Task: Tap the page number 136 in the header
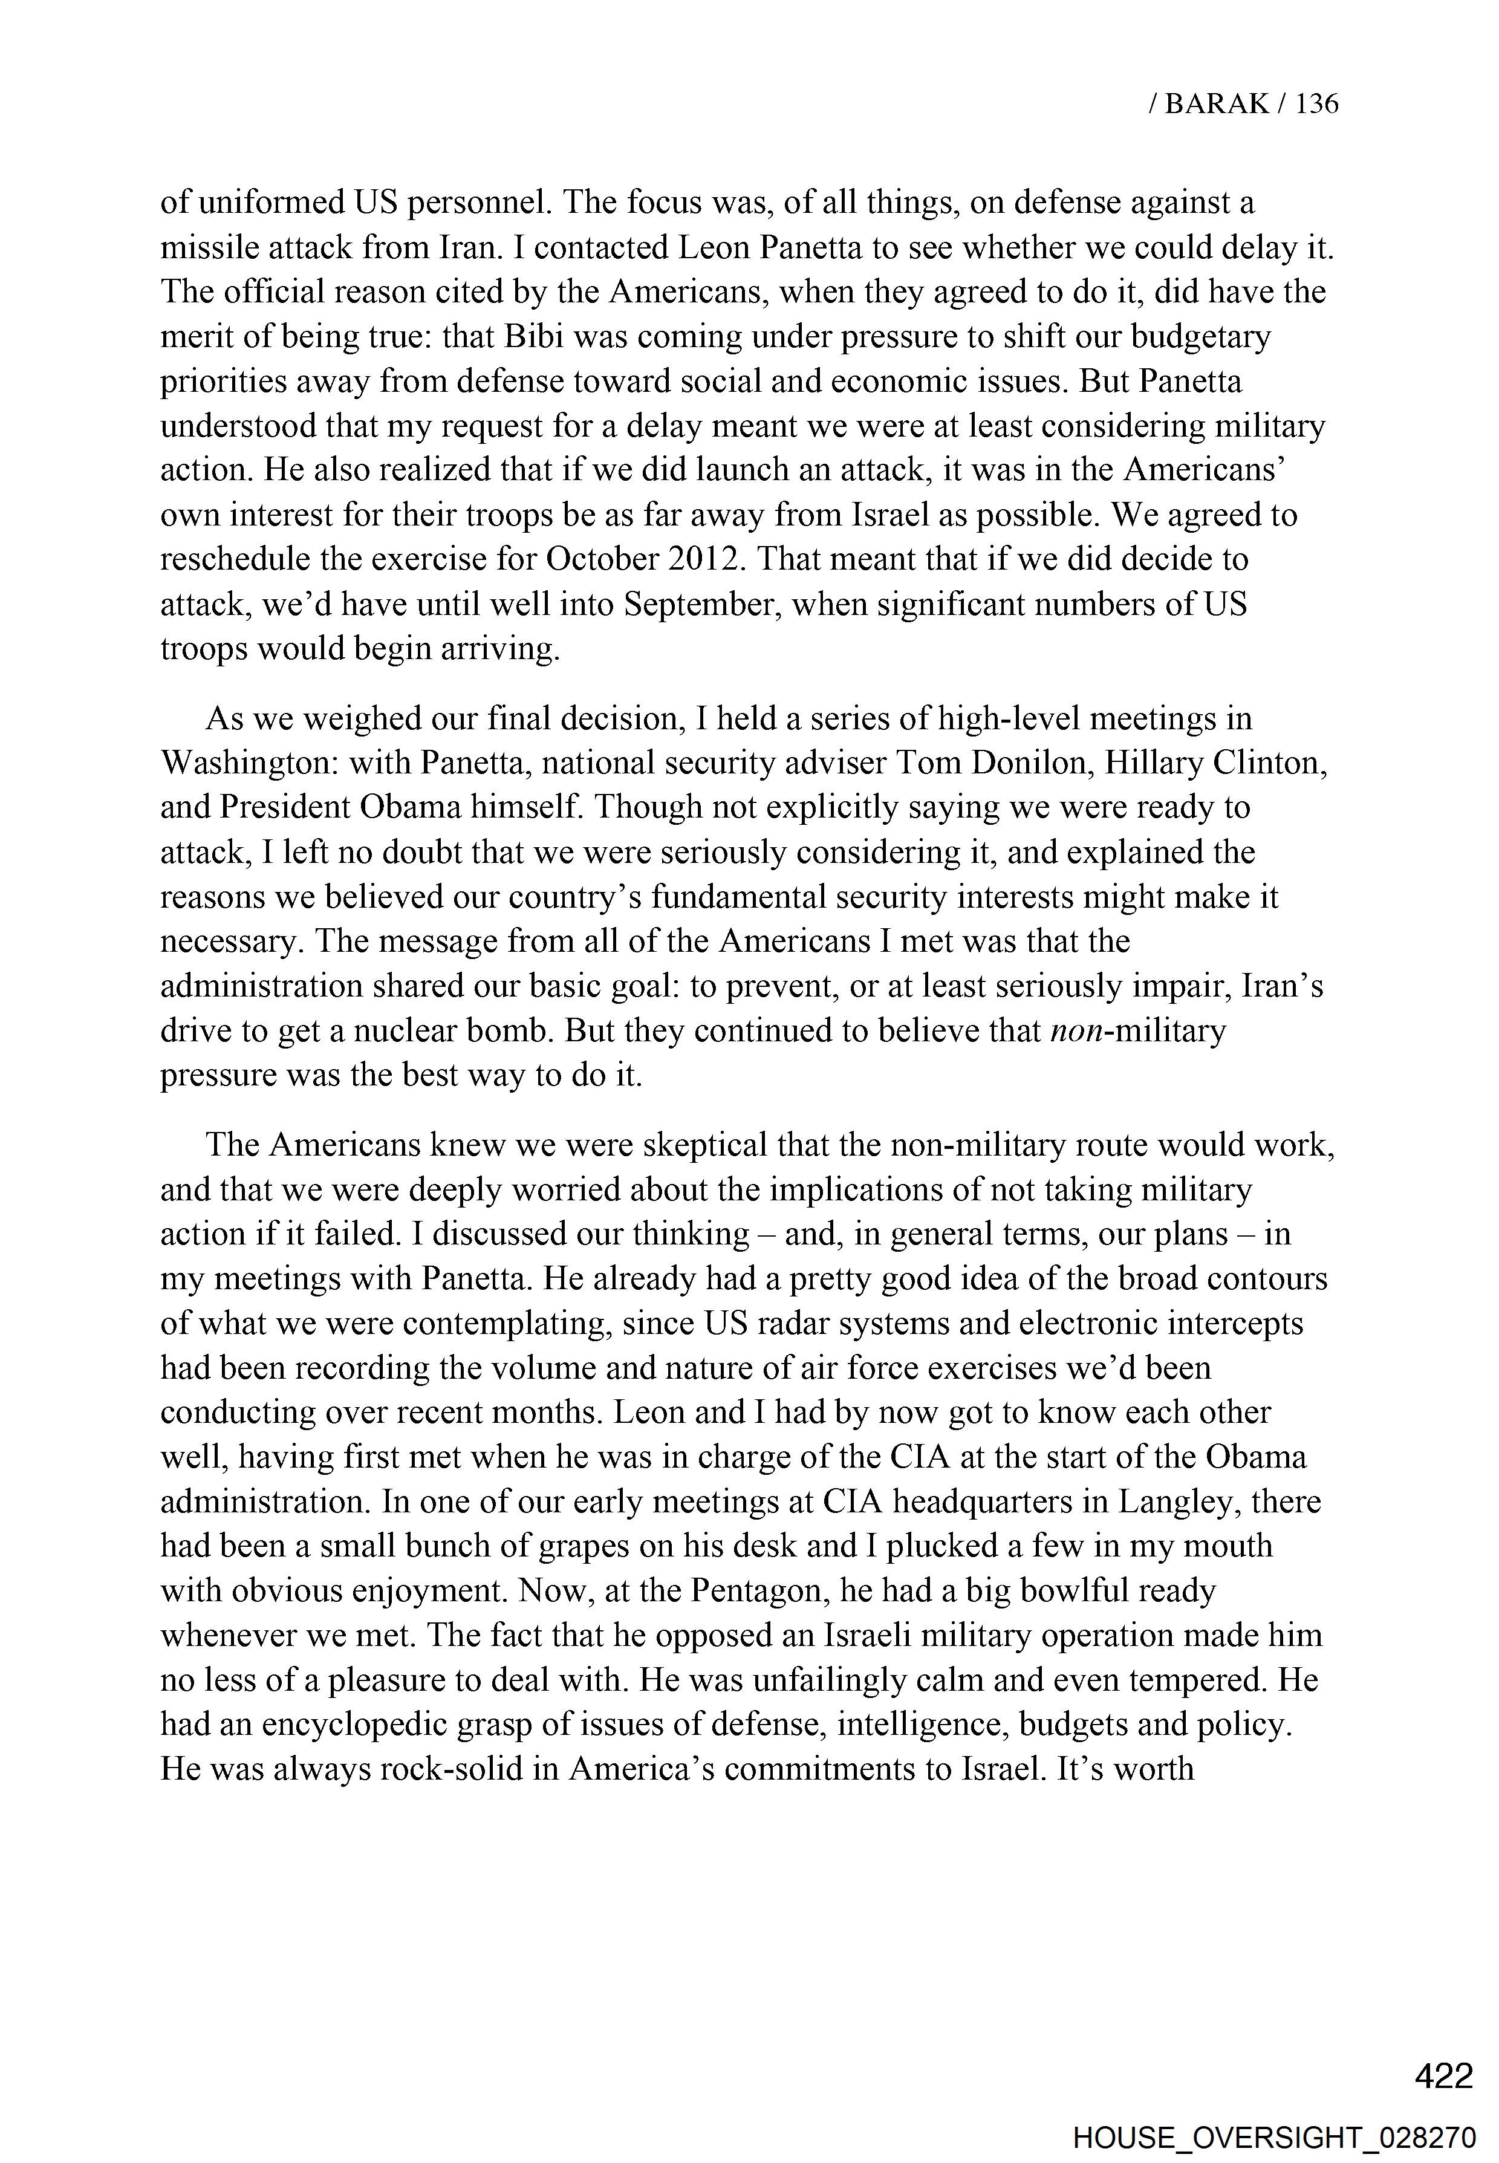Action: (1317, 103)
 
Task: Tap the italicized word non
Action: (1073, 1030)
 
